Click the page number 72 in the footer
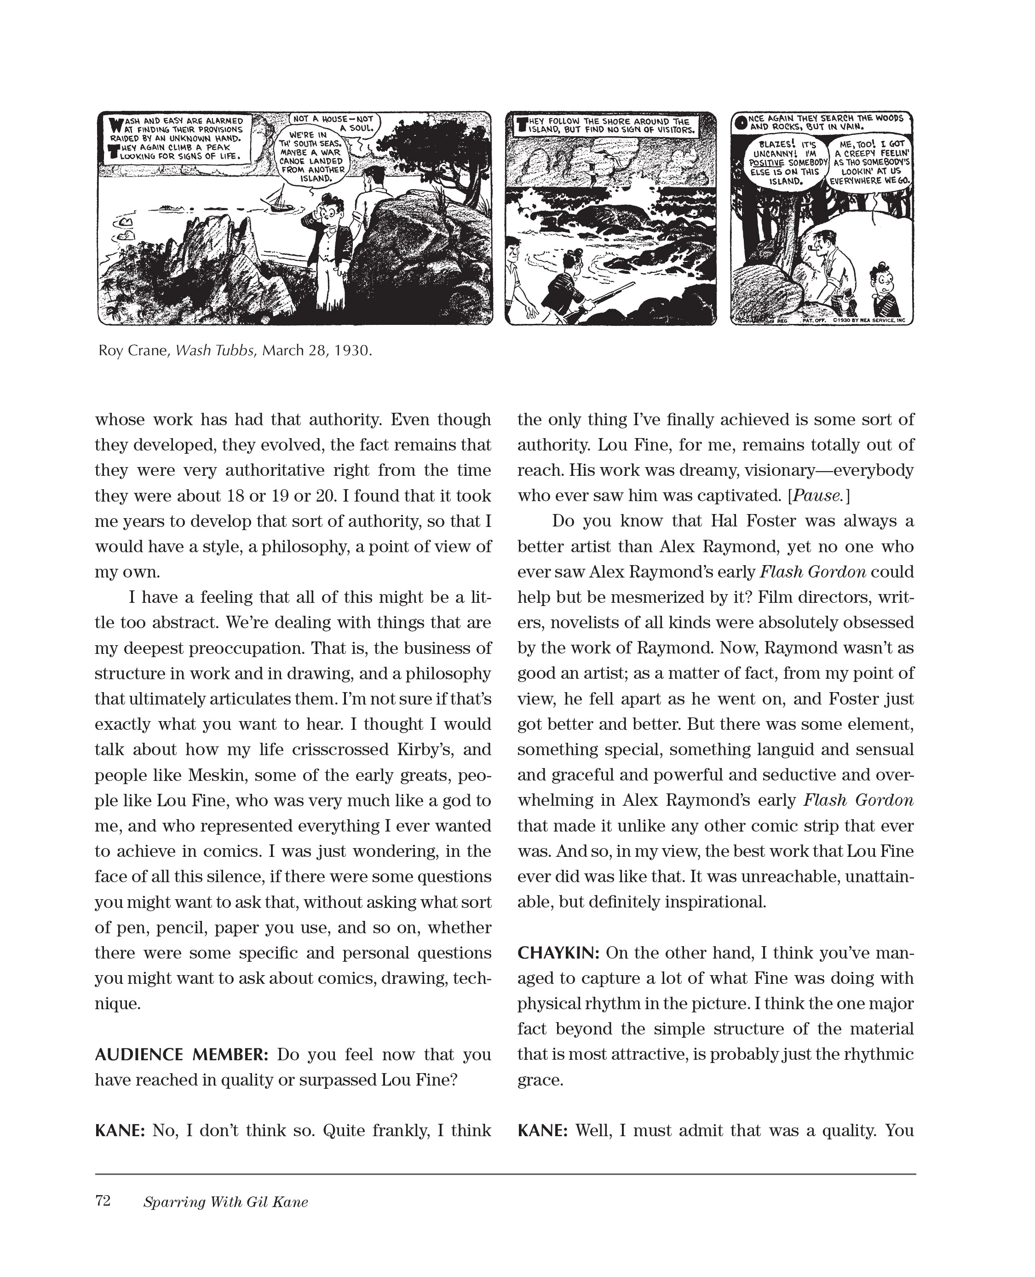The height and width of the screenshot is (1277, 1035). coord(103,1201)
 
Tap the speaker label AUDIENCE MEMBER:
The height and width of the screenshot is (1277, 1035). coord(182,1055)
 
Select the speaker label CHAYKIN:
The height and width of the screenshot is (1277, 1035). coord(558,953)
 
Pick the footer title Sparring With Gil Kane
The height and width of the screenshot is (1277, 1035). coord(225,1202)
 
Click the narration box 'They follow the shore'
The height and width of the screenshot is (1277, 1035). coord(609,126)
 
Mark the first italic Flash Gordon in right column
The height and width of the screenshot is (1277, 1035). coord(812,572)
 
